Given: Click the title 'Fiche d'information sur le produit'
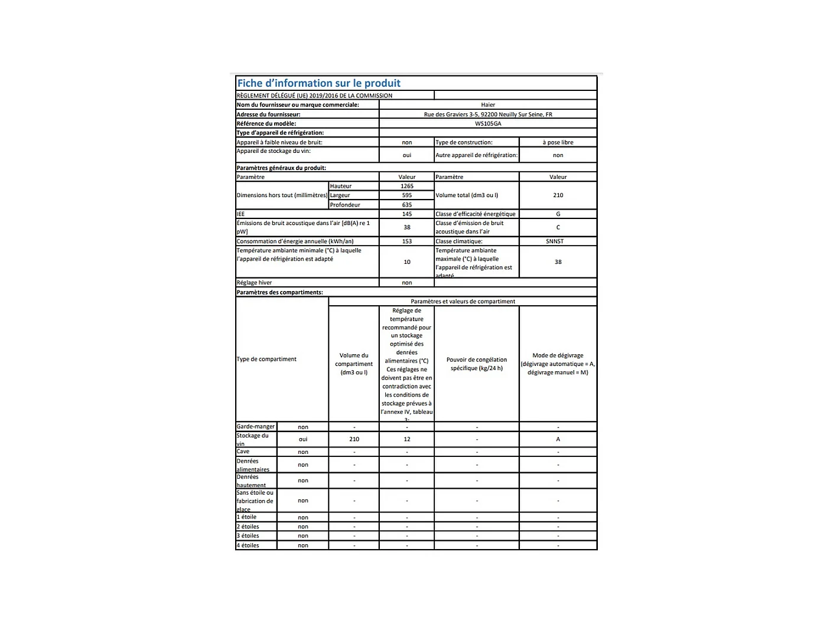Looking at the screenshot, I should coord(319,83).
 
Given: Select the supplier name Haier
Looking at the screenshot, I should coord(488,105).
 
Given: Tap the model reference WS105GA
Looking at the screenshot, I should coord(488,124).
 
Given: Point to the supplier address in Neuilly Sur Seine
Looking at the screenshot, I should coord(488,115).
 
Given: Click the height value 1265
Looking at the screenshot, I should coord(406,186).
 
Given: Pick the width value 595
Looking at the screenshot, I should coord(406,195).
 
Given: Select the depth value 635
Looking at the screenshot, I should coord(406,205).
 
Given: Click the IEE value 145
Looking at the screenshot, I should coord(406,214).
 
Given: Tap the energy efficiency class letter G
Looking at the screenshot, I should coord(558,214).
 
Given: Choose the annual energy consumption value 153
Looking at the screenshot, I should coord(406,241).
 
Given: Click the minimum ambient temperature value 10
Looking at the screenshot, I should coord(406,262).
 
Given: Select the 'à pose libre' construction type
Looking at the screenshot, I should coord(558,142).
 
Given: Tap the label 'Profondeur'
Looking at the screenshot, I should coord(345,205).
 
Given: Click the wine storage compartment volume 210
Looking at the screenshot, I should coord(354,439).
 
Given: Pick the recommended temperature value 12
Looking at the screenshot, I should coord(406,439).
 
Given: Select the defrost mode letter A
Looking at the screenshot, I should coord(558,439).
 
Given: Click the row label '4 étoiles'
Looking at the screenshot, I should coord(248,545).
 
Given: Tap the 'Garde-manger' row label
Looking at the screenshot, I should coord(256,426).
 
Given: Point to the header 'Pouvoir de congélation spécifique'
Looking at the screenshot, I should coord(477,364).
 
